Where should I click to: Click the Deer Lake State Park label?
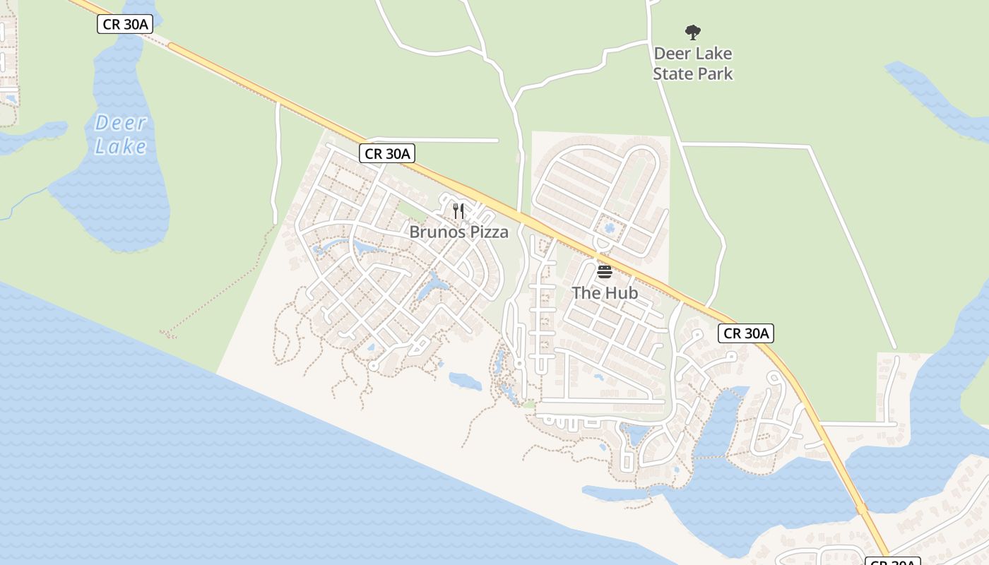click(693, 64)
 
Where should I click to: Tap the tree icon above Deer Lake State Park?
click(693, 32)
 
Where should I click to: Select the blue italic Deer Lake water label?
click(121, 134)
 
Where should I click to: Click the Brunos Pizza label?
click(458, 232)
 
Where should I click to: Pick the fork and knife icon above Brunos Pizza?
click(458, 210)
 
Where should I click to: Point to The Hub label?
click(605, 292)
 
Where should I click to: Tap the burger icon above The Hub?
click(604, 271)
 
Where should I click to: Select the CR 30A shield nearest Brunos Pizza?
click(386, 153)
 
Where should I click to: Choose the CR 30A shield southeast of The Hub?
click(746, 333)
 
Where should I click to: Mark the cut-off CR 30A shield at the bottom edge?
click(893, 561)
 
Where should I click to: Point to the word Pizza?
click(487, 232)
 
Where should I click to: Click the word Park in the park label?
click(716, 73)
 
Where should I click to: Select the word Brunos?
click(437, 232)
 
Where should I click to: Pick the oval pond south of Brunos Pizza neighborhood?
click(465, 381)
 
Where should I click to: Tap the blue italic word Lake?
click(121, 146)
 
